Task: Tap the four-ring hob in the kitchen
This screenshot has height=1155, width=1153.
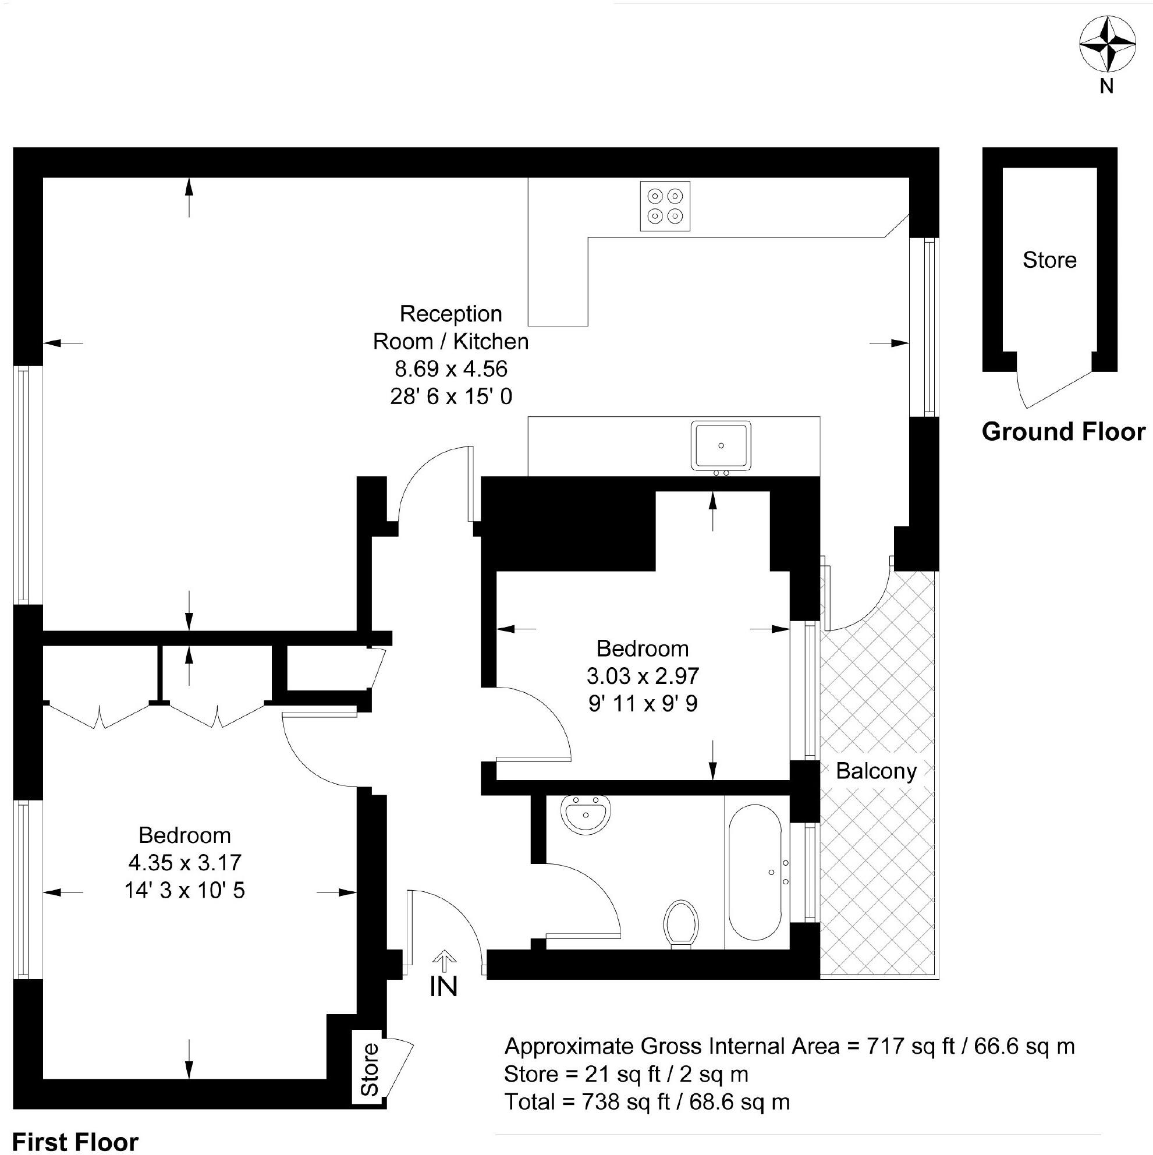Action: tap(665, 206)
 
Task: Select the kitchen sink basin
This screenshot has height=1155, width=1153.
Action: tap(721, 446)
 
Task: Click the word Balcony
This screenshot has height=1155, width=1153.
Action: tap(875, 771)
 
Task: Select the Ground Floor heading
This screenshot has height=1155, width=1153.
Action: tap(1063, 431)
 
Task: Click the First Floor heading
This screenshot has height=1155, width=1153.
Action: tap(75, 1141)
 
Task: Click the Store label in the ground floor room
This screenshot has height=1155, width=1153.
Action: tap(1049, 260)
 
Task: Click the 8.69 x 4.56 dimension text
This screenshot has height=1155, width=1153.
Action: tap(450, 369)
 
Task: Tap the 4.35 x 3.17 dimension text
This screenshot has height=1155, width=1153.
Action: tap(185, 863)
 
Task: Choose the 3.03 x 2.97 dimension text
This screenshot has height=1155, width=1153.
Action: tap(643, 676)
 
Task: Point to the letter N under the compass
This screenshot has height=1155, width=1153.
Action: tap(1106, 87)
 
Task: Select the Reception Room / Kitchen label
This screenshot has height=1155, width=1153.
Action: tap(450, 328)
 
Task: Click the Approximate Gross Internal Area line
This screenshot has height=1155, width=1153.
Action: tap(789, 1046)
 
